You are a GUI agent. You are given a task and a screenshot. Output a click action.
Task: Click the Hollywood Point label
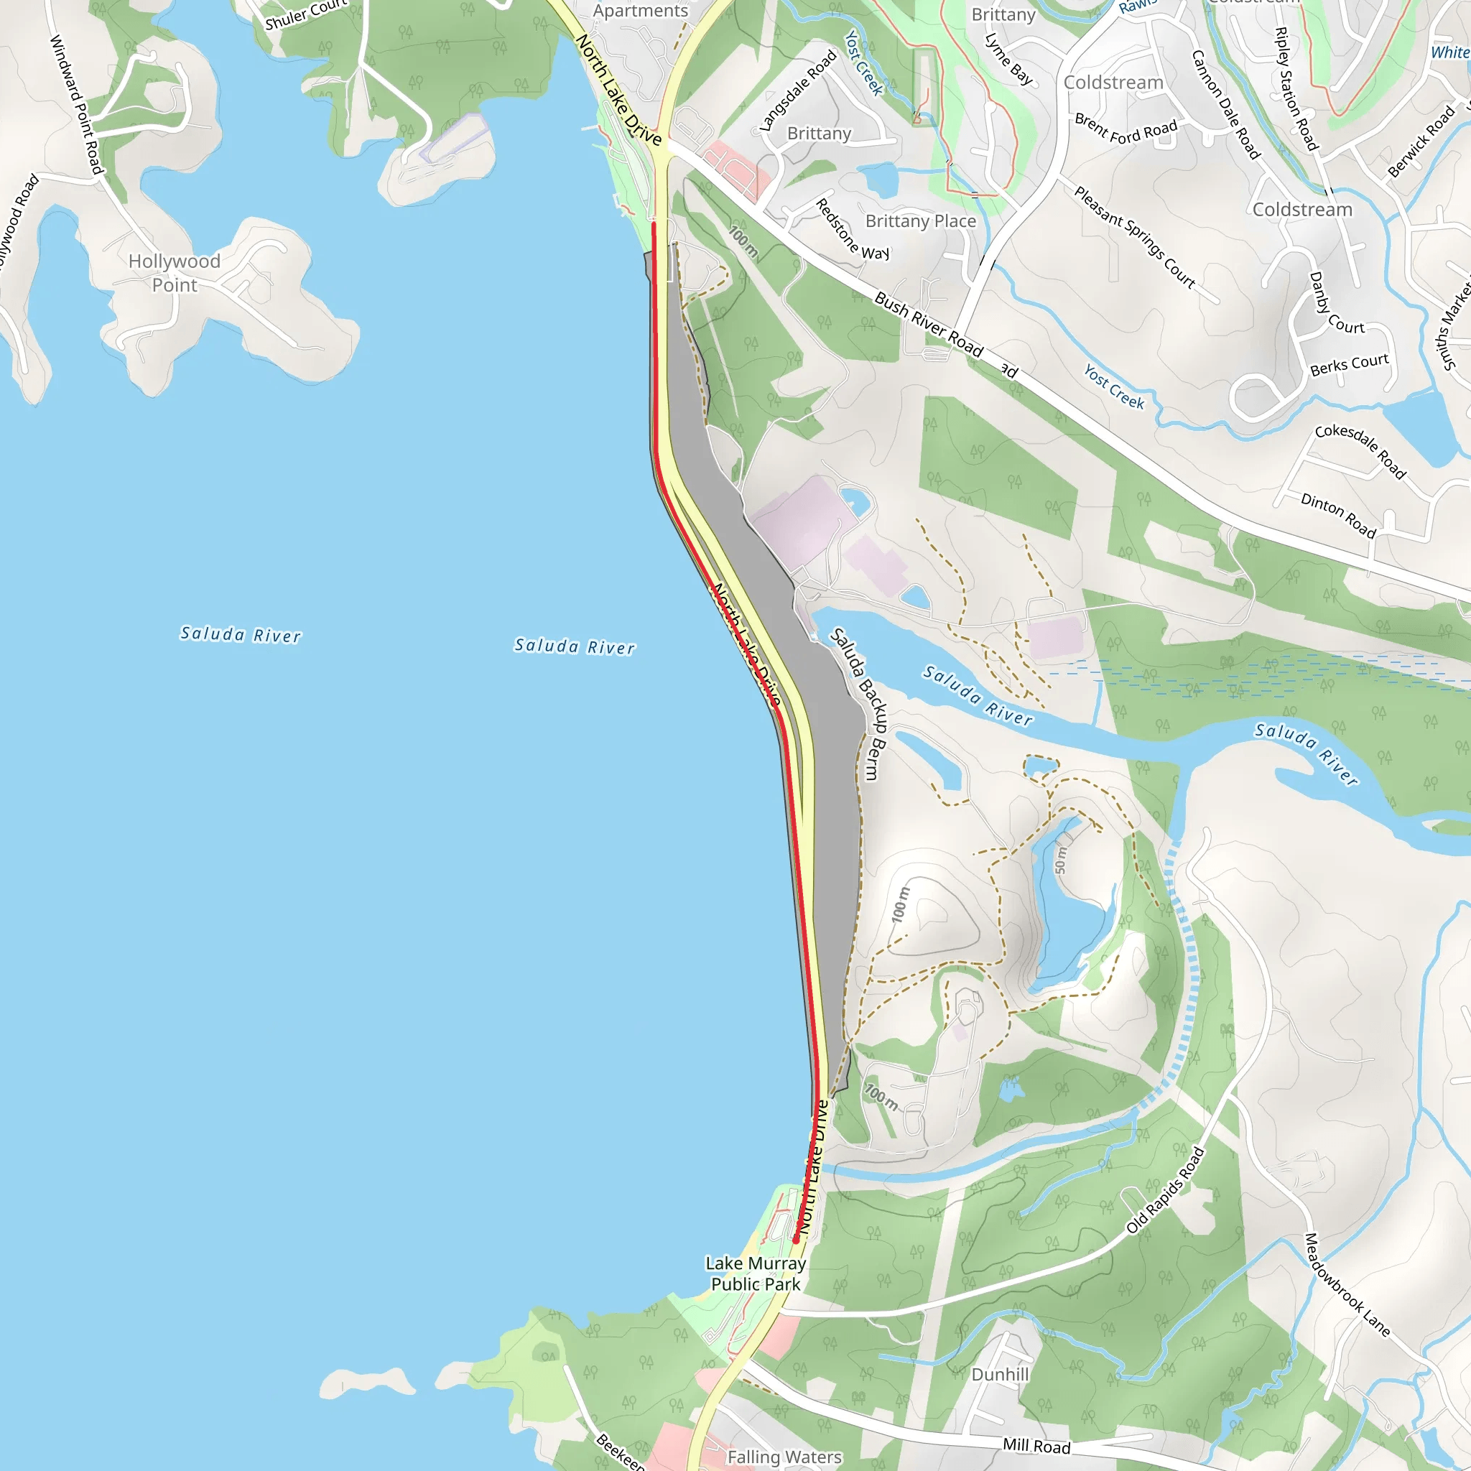tap(175, 272)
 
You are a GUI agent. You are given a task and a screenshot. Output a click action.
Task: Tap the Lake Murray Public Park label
tap(756, 1273)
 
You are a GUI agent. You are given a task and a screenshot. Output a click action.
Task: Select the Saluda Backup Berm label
tap(858, 703)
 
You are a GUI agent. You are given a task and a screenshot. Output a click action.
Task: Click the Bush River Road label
tap(928, 325)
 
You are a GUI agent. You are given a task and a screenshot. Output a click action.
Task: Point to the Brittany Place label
tap(921, 221)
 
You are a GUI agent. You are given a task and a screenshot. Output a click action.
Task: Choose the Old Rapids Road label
tap(1165, 1190)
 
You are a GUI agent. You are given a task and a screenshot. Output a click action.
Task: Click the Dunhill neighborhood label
tap(1000, 1374)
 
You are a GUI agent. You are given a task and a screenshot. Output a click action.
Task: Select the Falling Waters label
tap(784, 1457)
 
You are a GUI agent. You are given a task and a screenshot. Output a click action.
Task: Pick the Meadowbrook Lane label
tap(1347, 1284)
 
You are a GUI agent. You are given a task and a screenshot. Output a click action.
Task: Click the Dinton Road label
tap(1337, 516)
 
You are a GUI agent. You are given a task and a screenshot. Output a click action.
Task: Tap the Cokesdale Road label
tap(1360, 451)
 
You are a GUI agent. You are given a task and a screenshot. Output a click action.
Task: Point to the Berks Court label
tap(1349, 365)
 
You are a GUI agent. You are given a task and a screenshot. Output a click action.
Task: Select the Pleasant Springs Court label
tap(1134, 237)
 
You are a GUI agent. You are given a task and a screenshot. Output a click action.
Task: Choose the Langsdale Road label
tap(798, 91)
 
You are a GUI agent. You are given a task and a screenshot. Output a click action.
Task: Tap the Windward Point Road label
tap(76, 104)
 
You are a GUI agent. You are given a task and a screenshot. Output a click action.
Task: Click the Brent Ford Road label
tap(1126, 130)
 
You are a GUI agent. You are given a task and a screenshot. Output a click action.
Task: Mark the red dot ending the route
tap(797, 1240)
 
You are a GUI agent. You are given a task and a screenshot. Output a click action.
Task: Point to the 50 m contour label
tap(1061, 861)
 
